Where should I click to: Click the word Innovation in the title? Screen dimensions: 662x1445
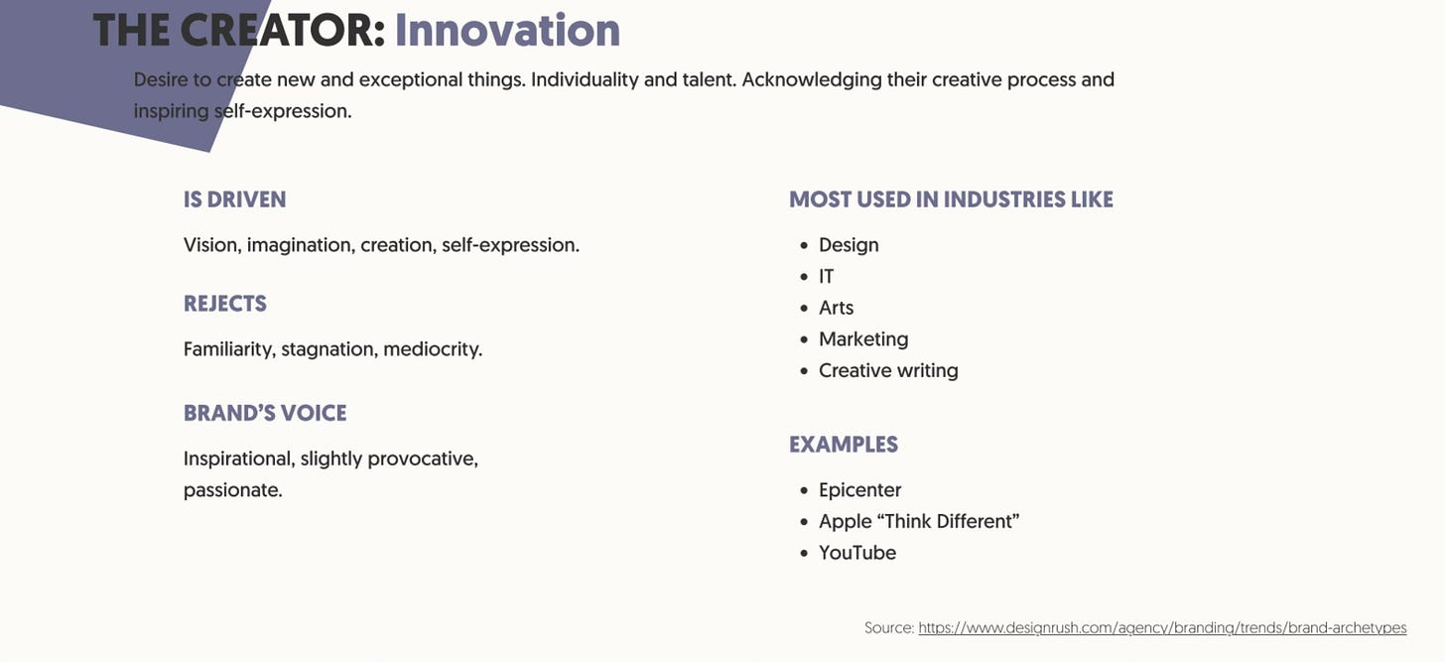click(x=507, y=30)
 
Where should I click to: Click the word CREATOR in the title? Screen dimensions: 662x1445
click(x=282, y=30)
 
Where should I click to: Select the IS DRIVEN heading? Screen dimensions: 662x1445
click(x=234, y=199)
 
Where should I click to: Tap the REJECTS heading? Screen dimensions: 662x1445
click(x=225, y=304)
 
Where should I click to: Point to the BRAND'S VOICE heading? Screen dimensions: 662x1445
click(x=265, y=413)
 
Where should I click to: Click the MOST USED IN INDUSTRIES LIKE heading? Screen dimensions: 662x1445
click(x=951, y=199)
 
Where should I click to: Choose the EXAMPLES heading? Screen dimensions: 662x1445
click(x=844, y=445)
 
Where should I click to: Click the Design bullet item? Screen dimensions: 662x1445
click(x=849, y=245)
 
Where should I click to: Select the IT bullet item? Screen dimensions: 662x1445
click(x=827, y=277)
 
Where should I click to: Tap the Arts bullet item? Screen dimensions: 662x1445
click(x=836, y=308)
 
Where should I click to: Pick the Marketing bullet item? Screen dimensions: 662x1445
click(x=863, y=339)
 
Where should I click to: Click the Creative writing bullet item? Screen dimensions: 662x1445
click(x=888, y=370)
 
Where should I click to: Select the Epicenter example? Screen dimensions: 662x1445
click(x=859, y=490)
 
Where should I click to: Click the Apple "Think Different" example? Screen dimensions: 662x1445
click(x=919, y=521)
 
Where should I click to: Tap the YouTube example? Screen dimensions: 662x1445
click(x=857, y=553)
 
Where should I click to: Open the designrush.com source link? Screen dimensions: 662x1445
click(x=1162, y=628)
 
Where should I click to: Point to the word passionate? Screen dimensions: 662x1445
click(x=232, y=490)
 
